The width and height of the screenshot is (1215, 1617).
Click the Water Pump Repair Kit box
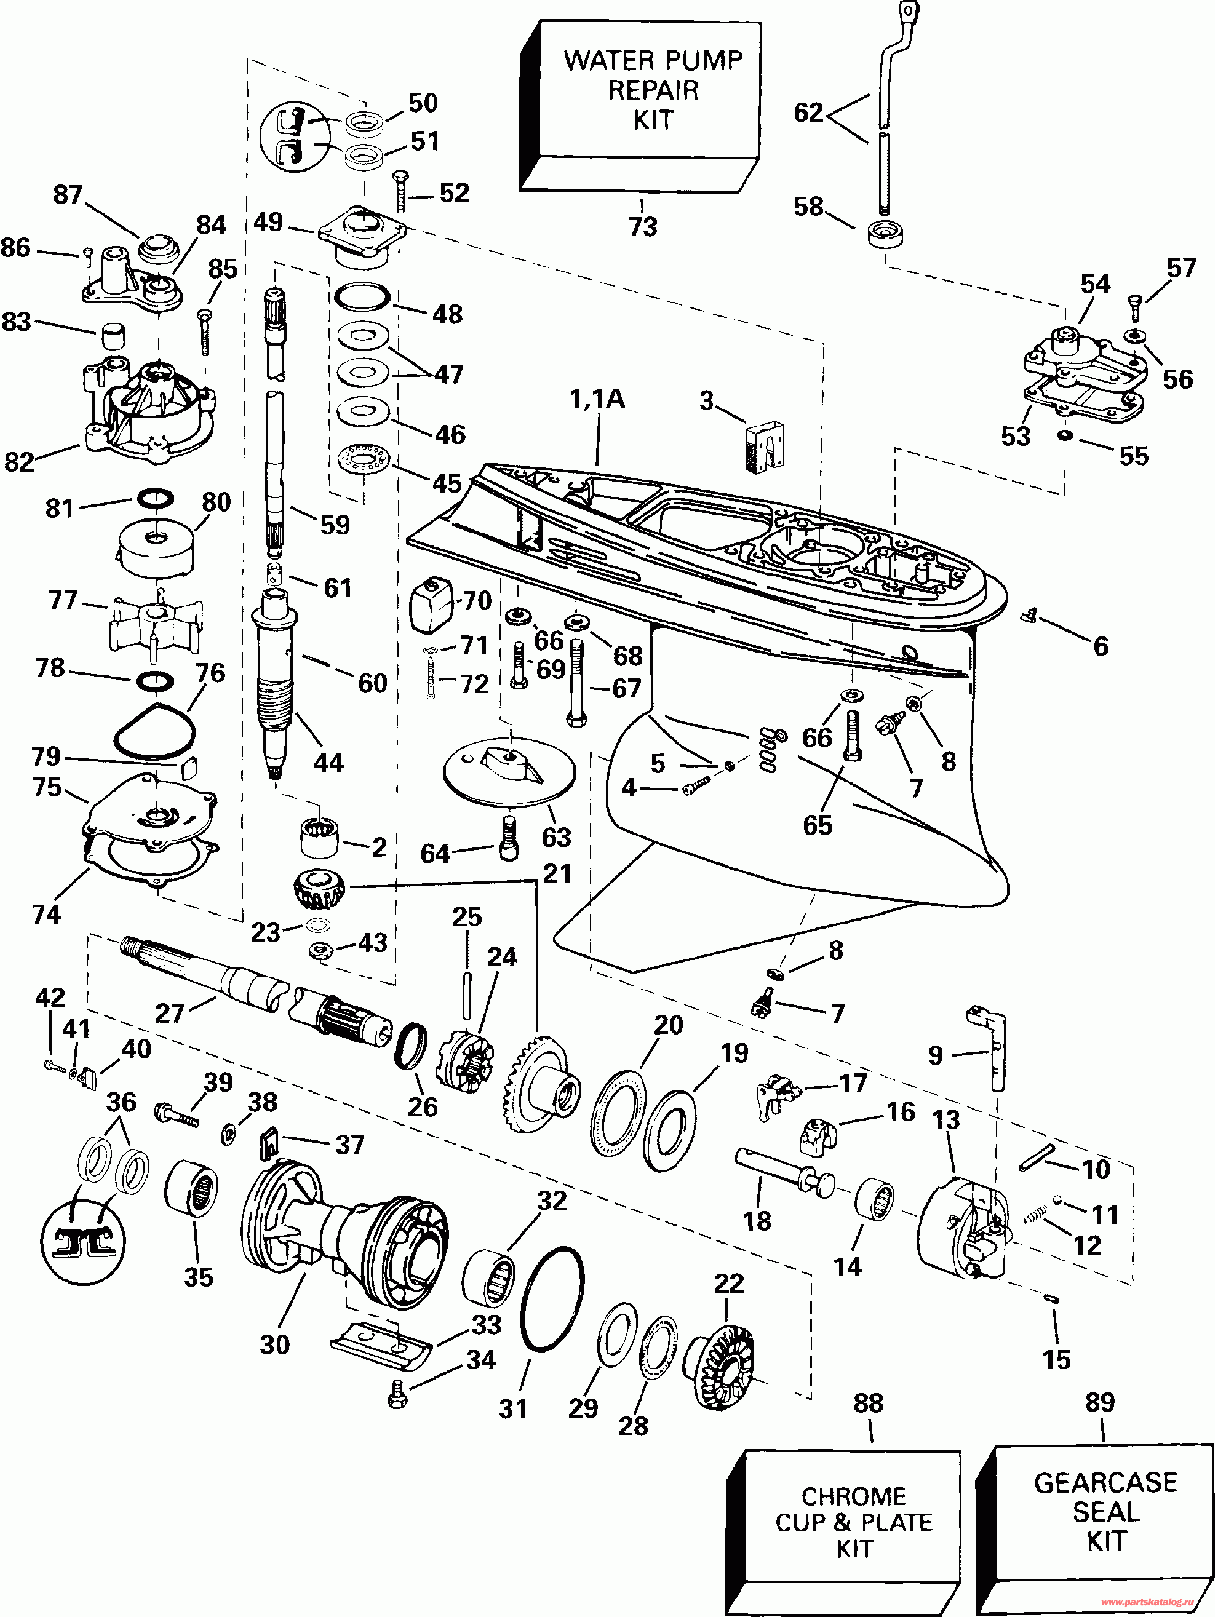[x=640, y=107]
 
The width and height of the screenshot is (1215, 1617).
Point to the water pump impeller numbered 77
[x=156, y=622]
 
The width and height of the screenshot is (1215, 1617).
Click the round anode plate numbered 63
[x=509, y=772]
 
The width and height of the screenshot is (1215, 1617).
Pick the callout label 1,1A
[x=597, y=399]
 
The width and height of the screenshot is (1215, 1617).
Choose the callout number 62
[x=808, y=112]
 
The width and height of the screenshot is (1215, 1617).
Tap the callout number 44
[x=328, y=763]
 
